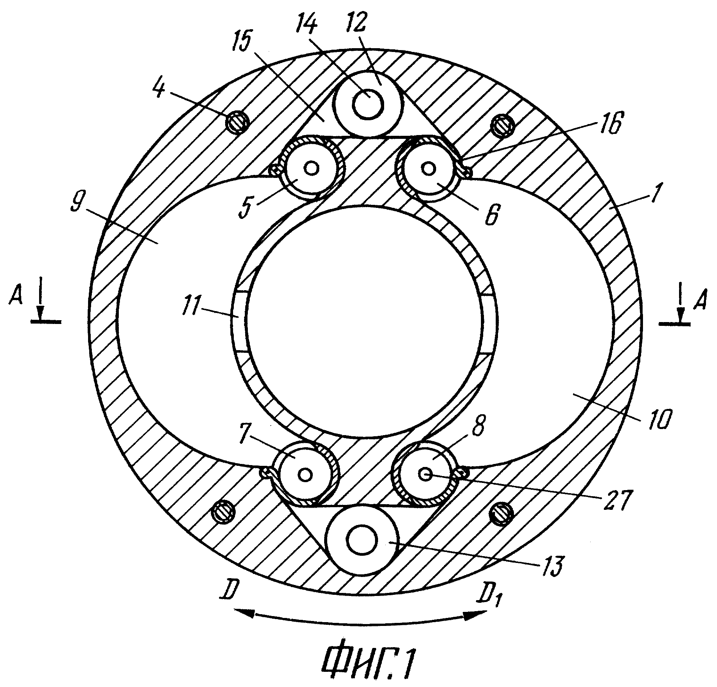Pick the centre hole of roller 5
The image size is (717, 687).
312,168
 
